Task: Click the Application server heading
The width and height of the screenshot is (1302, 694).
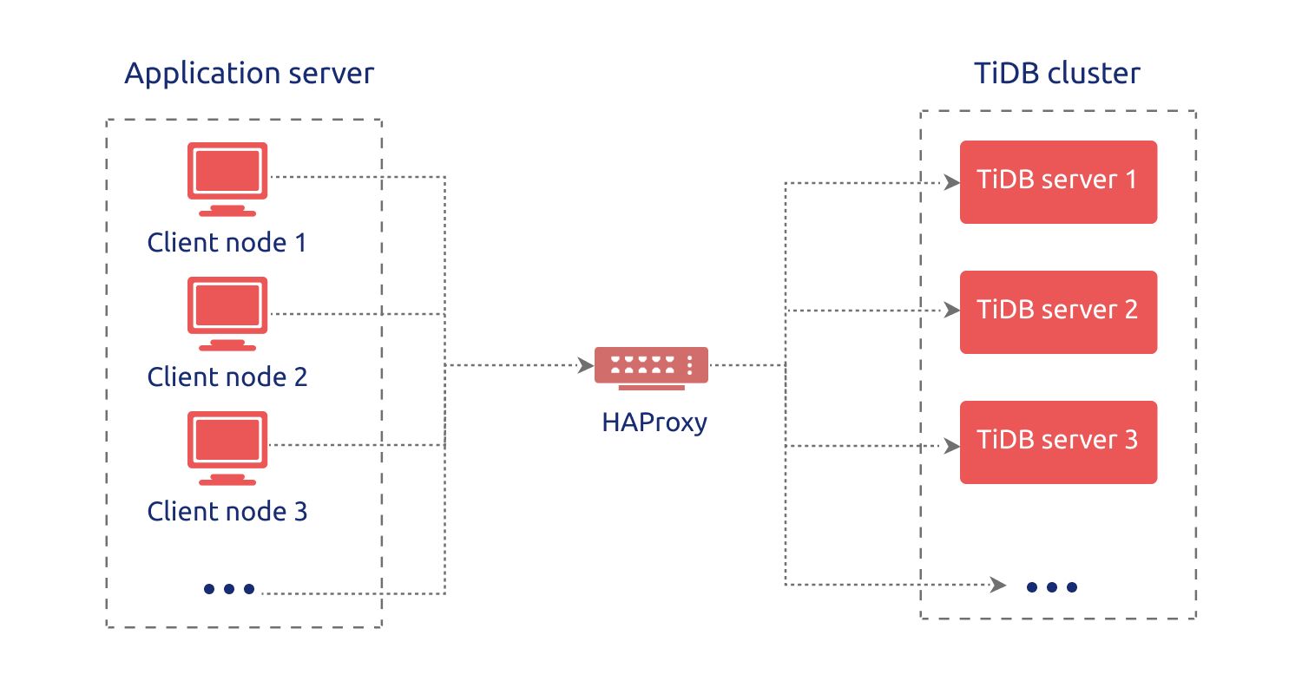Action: (x=249, y=74)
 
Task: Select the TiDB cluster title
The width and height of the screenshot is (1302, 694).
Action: (x=1057, y=74)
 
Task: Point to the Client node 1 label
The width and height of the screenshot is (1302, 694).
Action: (x=227, y=242)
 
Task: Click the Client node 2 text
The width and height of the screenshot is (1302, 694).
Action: (x=227, y=376)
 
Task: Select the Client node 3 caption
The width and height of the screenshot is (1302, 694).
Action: (x=227, y=511)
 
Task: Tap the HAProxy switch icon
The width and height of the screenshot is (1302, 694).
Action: (x=651, y=365)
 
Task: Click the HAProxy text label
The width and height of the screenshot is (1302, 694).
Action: (x=654, y=422)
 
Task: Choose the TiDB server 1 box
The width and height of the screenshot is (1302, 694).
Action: (x=1058, y=181)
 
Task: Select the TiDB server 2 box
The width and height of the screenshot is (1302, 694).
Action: (x=1058, y=311)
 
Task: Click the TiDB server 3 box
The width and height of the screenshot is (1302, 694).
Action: (x=1058, y=442)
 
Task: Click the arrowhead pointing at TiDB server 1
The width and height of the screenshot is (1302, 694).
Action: (x=951, y=183)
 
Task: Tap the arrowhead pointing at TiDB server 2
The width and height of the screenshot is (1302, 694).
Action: (x=951, y=311)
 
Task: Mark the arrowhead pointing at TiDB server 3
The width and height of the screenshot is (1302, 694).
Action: (x=951, y=447)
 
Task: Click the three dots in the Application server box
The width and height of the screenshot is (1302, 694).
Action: (x=229, y=589)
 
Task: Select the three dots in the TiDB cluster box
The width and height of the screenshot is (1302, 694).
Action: (x=1051, y=587)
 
